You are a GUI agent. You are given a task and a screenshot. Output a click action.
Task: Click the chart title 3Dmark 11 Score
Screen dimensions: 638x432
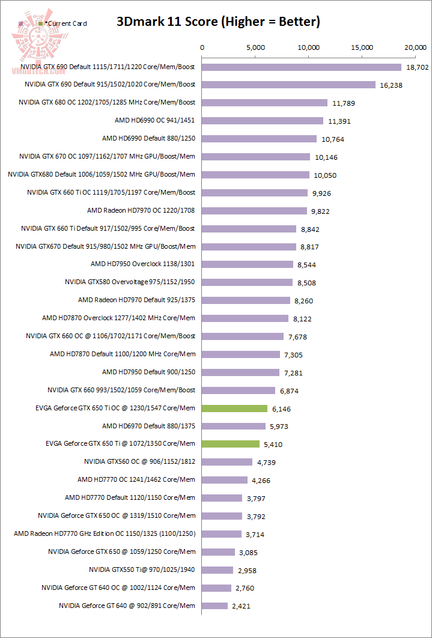[218, 22]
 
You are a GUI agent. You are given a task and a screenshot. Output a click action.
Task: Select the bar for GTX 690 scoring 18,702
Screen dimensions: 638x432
[302, 67]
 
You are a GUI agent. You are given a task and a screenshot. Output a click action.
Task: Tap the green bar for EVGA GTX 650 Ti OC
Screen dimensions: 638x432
[234, 409]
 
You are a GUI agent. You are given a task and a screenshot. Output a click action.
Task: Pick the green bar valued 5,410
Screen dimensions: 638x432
[231, 444]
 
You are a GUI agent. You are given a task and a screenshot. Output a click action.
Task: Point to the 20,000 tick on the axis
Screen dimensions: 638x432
[415, 47]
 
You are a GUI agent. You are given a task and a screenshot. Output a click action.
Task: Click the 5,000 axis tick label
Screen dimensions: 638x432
[255, 47]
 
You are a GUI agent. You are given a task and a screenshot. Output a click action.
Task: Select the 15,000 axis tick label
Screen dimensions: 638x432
[362, 47]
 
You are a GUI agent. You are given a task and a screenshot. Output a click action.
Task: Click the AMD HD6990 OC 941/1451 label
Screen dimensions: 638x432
[154, 120]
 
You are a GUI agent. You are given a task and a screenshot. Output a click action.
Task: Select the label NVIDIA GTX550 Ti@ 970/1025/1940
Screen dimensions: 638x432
[142, 570]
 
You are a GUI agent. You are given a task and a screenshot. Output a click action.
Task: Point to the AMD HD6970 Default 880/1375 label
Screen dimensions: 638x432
[148, 426]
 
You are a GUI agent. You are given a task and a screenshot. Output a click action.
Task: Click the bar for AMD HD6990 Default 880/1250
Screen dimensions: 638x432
[259, 139]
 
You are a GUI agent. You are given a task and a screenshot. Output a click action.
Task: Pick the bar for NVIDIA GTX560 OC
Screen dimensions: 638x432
[227, 462]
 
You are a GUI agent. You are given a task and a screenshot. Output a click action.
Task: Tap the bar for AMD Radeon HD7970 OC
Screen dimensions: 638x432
[254, 210]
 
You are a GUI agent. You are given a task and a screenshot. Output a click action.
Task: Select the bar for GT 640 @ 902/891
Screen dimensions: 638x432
[214, 606]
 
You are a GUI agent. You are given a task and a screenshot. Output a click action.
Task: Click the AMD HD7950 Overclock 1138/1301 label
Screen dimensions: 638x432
[142, 264]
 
